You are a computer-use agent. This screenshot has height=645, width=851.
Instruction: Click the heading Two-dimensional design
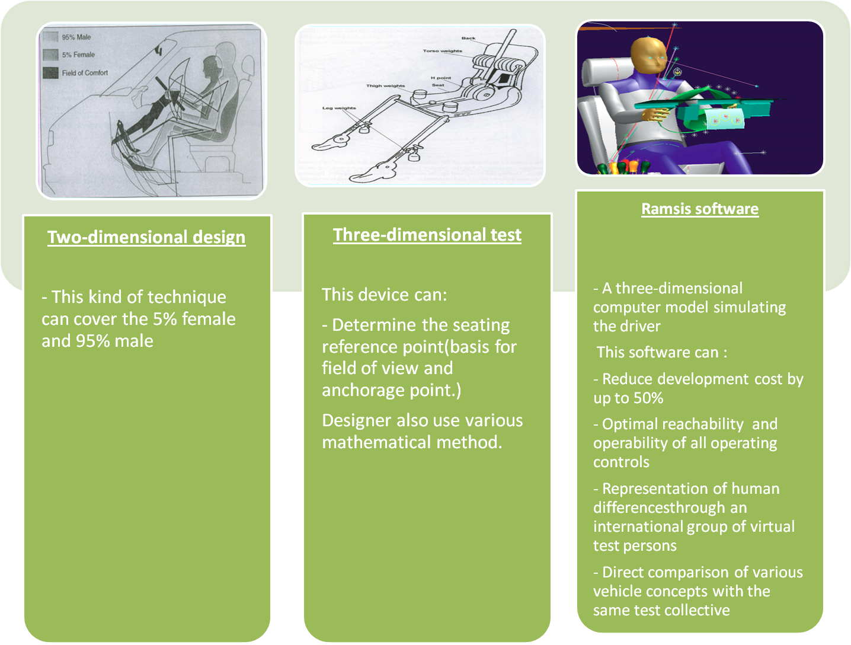point(146,237)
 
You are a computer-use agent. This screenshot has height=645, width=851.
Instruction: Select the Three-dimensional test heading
point(427,235)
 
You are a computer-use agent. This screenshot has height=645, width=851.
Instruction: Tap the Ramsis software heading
point(700,209)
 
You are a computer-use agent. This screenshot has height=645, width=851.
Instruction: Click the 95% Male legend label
point(76,37)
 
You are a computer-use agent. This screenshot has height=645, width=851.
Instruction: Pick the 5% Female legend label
point(78,55)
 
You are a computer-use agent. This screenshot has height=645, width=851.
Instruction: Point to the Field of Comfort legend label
point(85,73)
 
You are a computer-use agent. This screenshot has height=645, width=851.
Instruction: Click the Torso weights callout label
point(442,51)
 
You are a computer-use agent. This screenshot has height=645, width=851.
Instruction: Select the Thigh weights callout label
point(385,86)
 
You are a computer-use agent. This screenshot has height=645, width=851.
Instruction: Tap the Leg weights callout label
point(339,108)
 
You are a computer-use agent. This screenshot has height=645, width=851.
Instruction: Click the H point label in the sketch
point(441,78)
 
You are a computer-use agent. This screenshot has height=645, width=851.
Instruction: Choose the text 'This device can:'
point(384,295)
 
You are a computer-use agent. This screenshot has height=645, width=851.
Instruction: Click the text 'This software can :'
point(661,352)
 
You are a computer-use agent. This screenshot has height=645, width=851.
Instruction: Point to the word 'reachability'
point(702,424)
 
